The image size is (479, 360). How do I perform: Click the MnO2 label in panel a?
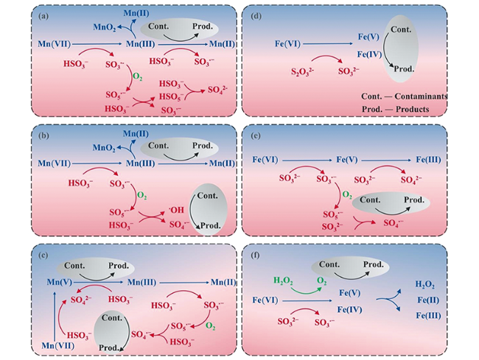(x=105, y=27)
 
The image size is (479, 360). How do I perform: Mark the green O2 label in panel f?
(x=321, y=280)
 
